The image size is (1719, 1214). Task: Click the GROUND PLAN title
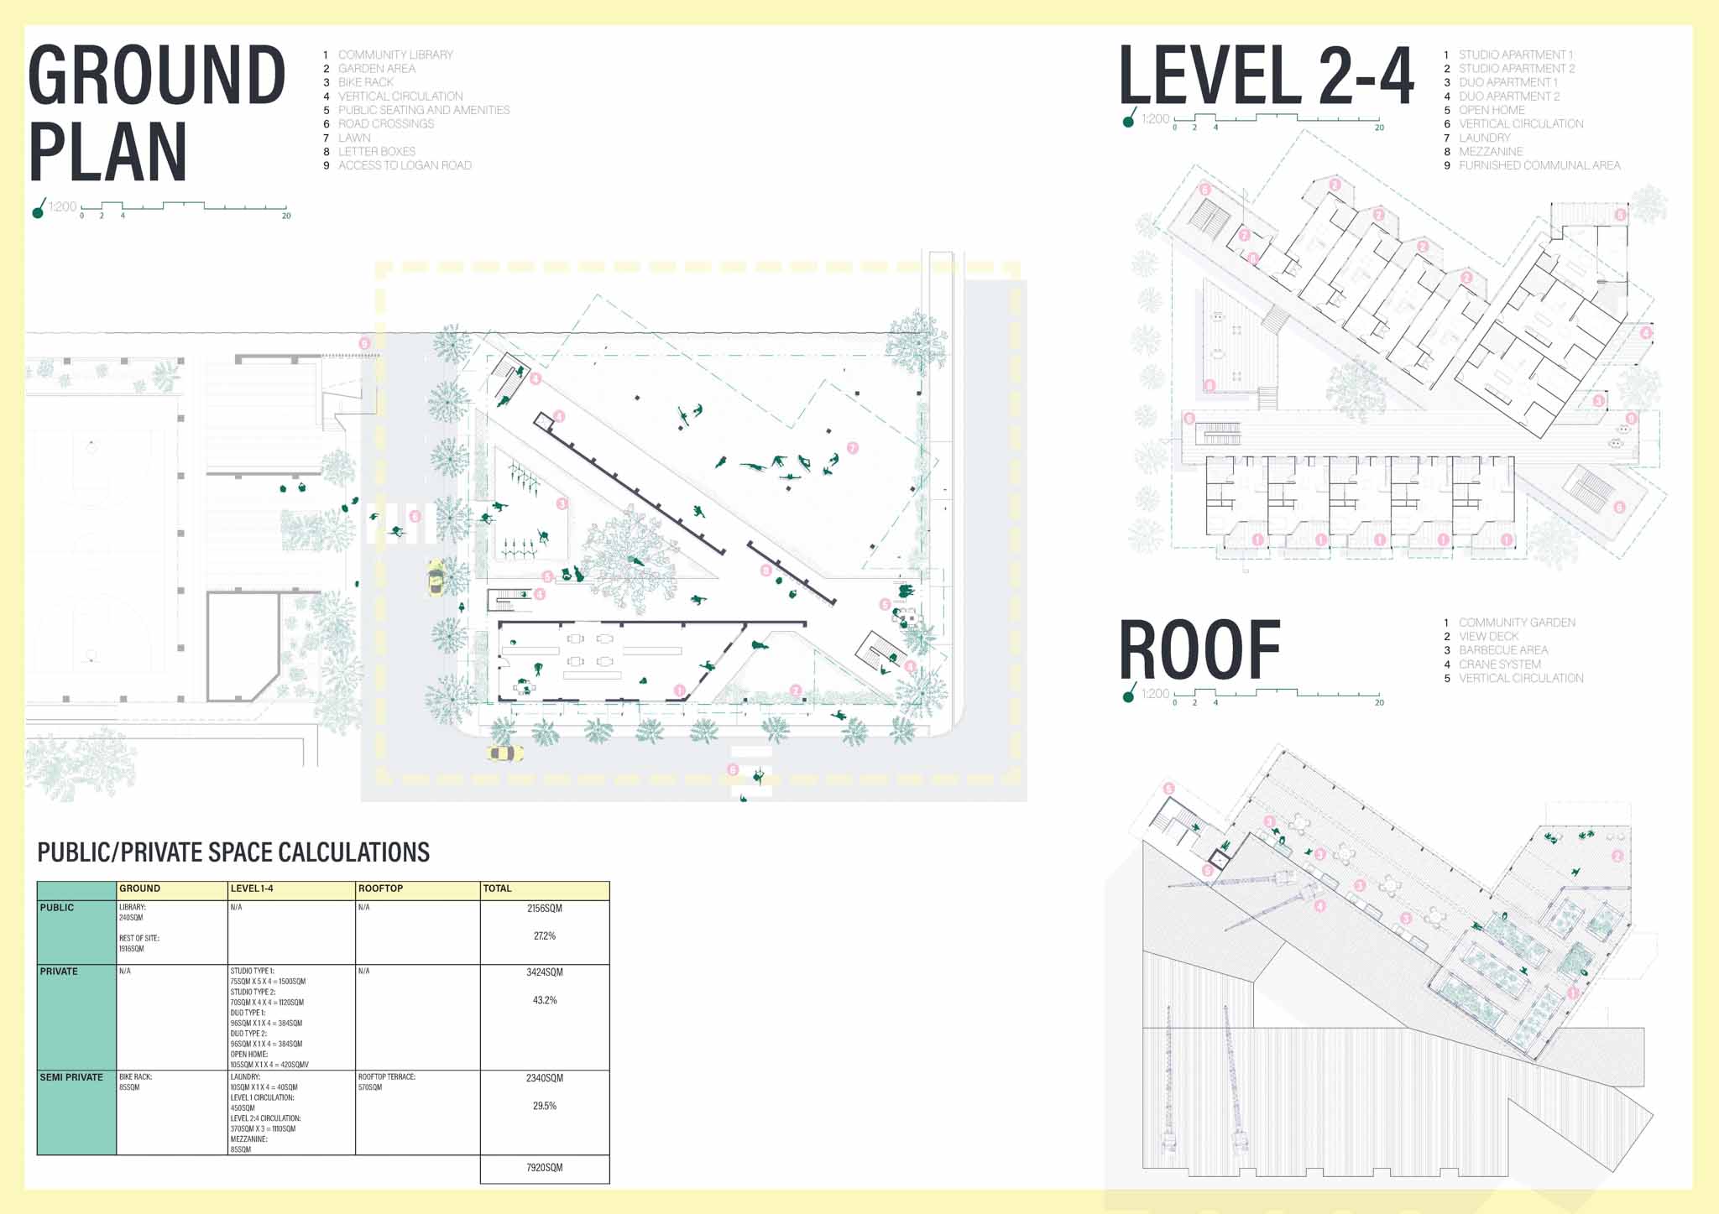(157, 113)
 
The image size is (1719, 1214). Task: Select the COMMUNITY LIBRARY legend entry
(394, 55)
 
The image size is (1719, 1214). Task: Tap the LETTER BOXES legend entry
(376, 152)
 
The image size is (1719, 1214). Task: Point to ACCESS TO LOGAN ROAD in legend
(404, 165)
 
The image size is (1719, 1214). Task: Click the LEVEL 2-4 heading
(1266, 76)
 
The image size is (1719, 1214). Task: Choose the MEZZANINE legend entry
(1490, 152)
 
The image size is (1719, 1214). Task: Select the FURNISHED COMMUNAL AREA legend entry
(1539, 165)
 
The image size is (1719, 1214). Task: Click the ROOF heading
(1199, 650)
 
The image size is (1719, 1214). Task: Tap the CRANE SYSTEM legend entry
(1499, 664)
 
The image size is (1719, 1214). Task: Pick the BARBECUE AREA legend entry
(1502, 650)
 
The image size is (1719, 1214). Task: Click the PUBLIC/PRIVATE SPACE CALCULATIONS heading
(233, 852)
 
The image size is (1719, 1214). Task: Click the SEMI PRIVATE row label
(71, 1077)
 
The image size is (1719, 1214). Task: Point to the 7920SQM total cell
(544, 1168)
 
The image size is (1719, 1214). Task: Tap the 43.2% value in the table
(544, 1000)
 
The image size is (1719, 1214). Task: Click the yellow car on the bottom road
(504, 753)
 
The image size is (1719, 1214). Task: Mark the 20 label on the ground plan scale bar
(286, 216)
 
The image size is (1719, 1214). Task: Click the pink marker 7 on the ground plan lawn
(853, 448)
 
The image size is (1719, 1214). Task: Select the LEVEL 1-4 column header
(252, 888)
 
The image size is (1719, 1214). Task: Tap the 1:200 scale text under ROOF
(1155, 694)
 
